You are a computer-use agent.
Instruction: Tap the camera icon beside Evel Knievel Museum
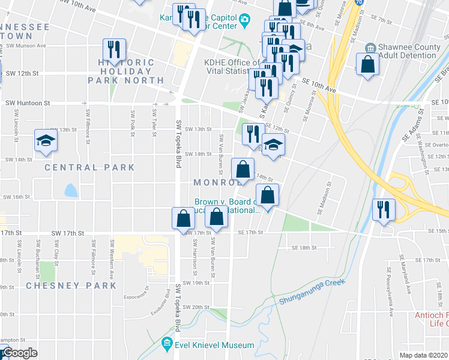(x=167, y=345)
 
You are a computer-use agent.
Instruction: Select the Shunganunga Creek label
(x=312, y=291)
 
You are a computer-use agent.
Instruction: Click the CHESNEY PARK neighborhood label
(x=71, y=286)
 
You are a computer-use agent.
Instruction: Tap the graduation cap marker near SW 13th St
(x=46, y=142)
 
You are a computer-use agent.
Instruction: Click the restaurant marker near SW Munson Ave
(x=113, y=50)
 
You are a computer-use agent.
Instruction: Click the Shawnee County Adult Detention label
(x=406, y=51)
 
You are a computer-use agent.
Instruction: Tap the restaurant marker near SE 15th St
(x=382, y=210)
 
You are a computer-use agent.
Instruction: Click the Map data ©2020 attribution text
(x=424, y=355)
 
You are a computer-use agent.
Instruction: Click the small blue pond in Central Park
(x=71, y=191)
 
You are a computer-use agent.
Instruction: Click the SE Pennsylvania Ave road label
(x=391, y=292)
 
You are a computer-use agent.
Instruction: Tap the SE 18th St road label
(x=303, y=247)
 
